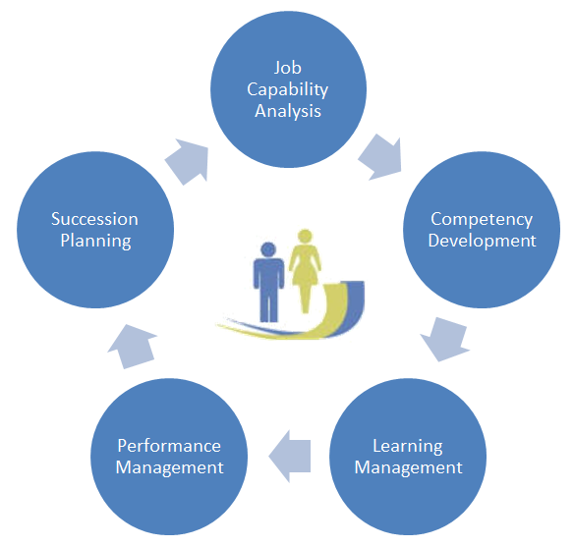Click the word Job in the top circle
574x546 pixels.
click(x=288, y=68)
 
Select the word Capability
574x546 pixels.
click(x=287, y=89)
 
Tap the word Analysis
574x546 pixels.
click(x=288, y=111)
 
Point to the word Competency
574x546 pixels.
click(x=482, y=220)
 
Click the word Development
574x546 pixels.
click(x=482, y=241)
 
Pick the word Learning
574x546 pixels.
click(x=408, y=447)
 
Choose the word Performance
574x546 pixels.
click(x=169, y=446)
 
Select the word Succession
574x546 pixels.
click(x=94, y=219)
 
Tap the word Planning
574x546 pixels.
click(x=95, y=242)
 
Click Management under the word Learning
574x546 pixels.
click(x=408, y=467)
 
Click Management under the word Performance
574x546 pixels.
click(x=169, y=467)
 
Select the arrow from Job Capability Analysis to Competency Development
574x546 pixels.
click(x=380, y=157)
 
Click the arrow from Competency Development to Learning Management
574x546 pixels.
click(x=444, y=340)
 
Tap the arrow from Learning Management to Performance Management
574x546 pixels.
click(x=290, y=456)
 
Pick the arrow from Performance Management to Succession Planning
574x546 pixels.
click(x=133, y=347)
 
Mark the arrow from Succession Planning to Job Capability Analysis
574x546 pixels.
click(x=188, y=161)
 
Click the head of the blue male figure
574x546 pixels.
click(x=268, y=249)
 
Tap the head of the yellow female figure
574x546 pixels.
click(x=305, y=237)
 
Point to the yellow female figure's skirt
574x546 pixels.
click(x=305, y=275)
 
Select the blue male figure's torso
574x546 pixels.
click(x=268, y=274)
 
